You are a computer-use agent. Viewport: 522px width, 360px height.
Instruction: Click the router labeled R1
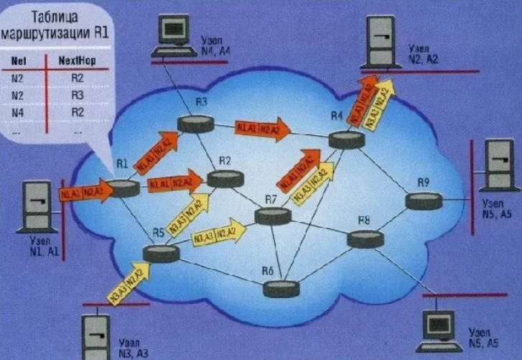[x=124, y=188]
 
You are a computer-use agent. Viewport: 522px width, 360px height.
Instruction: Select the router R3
[x=196, y=124]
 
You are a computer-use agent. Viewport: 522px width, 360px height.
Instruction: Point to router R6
[x=281, y=289]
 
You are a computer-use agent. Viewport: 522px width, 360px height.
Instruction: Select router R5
[x=159, y=252]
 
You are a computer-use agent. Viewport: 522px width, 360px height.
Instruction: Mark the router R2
[x=225, y=179]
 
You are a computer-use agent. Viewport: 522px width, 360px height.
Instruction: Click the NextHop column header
[x=77, y=62]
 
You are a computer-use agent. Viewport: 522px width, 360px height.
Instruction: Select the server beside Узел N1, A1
[x=33, y=206]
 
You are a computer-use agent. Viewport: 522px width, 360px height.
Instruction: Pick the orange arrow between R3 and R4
[x=262, y=129]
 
